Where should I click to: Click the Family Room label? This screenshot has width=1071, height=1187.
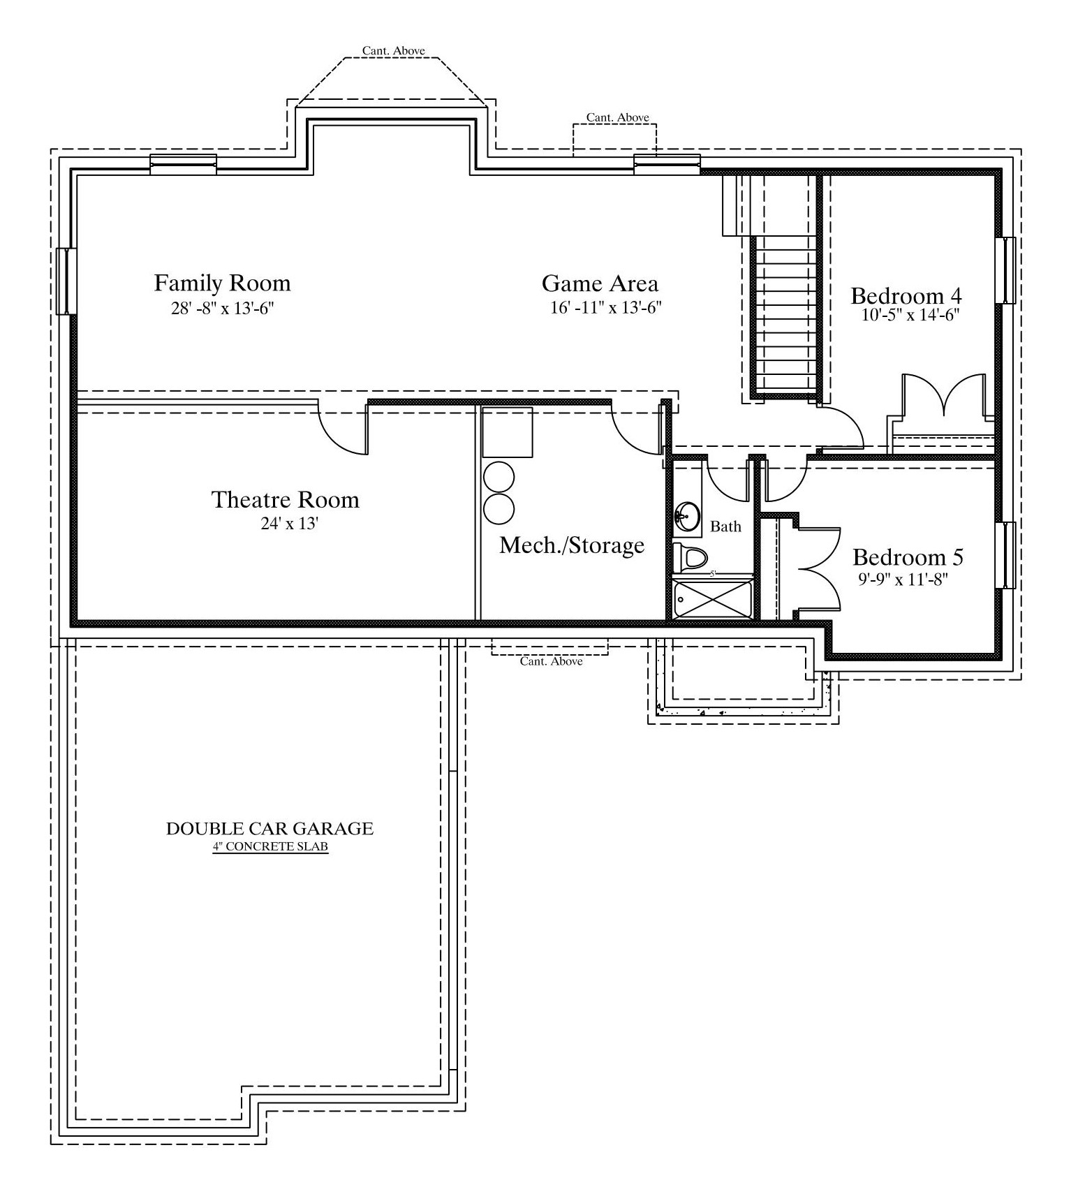(222, 283)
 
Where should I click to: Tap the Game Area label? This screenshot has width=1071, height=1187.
(600, 283)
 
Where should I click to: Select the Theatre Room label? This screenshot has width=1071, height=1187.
(285, 499)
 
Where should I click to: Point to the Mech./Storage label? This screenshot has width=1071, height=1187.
(572, 545)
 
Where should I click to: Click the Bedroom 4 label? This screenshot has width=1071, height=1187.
(906, 295)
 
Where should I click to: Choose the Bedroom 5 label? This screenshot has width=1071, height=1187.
(908, 557)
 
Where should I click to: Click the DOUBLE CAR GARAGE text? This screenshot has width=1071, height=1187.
(269, 829)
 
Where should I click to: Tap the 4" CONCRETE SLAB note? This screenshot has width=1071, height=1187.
(270, 847)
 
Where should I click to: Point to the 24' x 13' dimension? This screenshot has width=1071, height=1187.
(290, 523)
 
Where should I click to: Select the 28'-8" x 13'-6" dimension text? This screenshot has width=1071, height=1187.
(223, 308)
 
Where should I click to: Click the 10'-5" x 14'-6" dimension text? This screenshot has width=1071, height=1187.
(910, 315)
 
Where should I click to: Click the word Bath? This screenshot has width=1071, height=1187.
(725, 526)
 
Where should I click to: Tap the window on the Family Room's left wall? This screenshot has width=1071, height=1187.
(66, 281)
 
